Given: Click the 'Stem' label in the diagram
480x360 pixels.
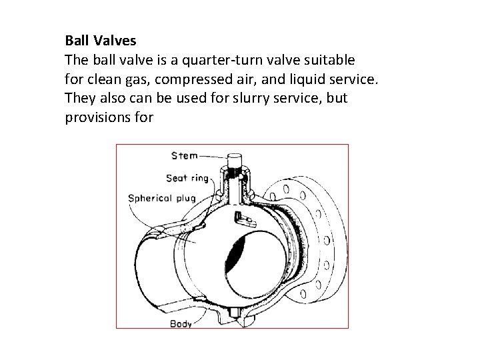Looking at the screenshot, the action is (x=184, y=156).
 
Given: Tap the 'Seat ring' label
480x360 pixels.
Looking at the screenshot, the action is (x=187, y=179).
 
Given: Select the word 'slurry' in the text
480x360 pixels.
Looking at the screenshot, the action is (x=264, y=99).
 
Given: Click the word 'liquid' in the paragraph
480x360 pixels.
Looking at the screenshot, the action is (x=307, y=80).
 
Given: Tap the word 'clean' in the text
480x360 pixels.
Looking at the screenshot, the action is (x=101, y=80).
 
